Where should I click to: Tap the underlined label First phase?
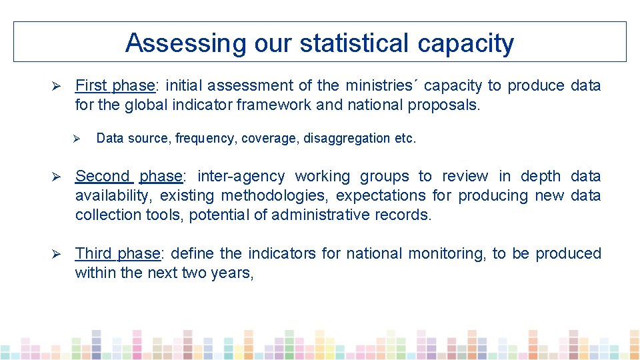pos(115,86)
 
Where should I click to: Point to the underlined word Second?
pos(103,176)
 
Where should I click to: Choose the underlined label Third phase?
pos(117,253)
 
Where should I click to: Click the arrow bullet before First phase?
pos(57,86)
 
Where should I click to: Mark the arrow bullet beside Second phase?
pos(57,176)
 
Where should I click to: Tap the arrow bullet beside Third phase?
pos(57,253)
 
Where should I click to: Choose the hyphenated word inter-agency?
pos(241,176)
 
